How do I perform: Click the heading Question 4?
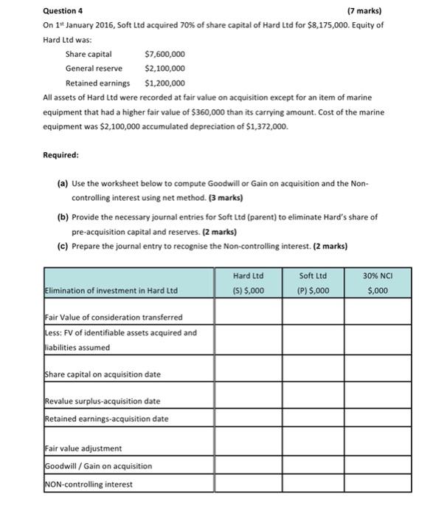tap(63, 11)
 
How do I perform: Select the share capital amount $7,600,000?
tap(165, 54)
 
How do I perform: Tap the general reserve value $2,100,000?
tap(165, 68)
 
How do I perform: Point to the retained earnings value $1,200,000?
tap(165, 83)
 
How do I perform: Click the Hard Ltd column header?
tap(247, 275)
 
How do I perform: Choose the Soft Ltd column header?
tap(315, 275)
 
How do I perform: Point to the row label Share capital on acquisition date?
tap(103, 374)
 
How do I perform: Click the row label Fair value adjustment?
tap(83, 448)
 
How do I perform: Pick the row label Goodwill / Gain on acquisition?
tap(97, 466)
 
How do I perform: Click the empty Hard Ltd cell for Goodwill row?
tap(247, 466)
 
